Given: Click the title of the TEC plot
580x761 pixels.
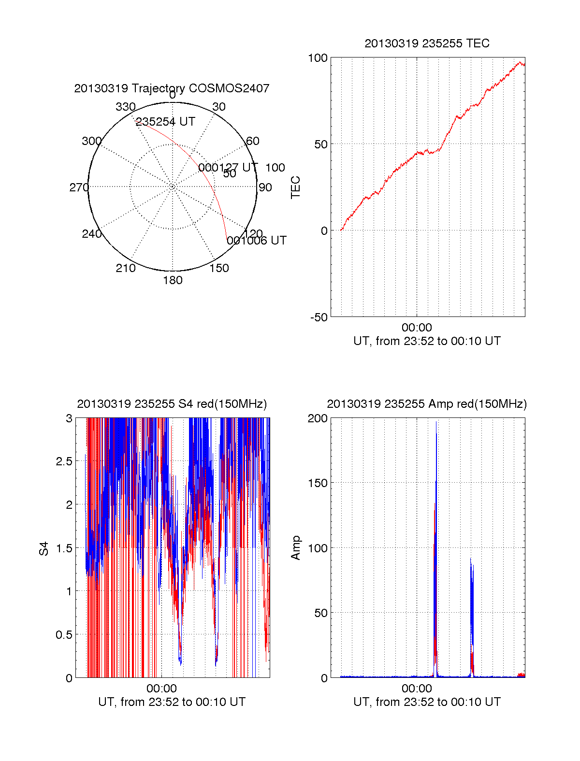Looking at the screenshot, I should [427, 43].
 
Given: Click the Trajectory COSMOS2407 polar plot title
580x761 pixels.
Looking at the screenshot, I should [172, 88].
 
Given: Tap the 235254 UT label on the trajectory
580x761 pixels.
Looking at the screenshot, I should [165, 122].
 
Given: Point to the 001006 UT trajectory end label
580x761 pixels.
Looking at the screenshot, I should [257, 241].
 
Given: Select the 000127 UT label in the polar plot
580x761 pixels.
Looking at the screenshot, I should [228, 168].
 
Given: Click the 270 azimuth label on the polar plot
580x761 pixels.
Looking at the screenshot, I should [79, 187].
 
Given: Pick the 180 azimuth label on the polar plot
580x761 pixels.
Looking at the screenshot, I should [173, 280].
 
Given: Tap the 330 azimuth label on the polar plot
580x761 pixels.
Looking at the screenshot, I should [125, 107].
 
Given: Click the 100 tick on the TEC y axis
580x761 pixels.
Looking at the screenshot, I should [318, 58].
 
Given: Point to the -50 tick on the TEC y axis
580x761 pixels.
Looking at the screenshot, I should [319, 317].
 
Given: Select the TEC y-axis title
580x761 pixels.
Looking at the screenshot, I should [295, 187].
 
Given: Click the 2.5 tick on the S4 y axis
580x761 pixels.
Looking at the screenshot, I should [64, 461].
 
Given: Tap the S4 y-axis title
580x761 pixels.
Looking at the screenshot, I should [44, 548].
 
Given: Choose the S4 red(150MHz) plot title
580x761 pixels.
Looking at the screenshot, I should [172, 404].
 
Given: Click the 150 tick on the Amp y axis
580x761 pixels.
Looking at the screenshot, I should [318, 483].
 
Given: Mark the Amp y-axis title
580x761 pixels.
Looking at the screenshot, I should [295, 548].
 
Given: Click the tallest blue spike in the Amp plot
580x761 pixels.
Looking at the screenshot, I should [436, 423].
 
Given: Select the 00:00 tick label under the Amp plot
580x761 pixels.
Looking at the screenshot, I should [417, 689].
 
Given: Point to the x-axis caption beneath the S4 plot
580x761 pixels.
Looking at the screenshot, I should [172, 702].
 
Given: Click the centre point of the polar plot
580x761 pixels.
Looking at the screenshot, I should [173, 187].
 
